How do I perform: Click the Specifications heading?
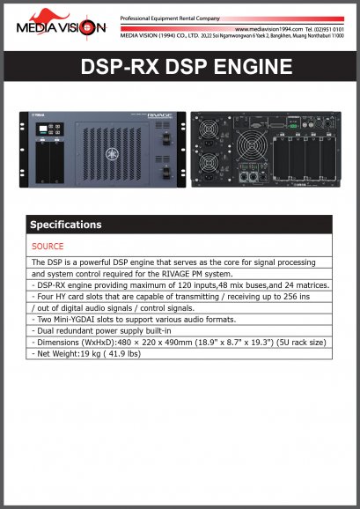click(66, 225)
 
